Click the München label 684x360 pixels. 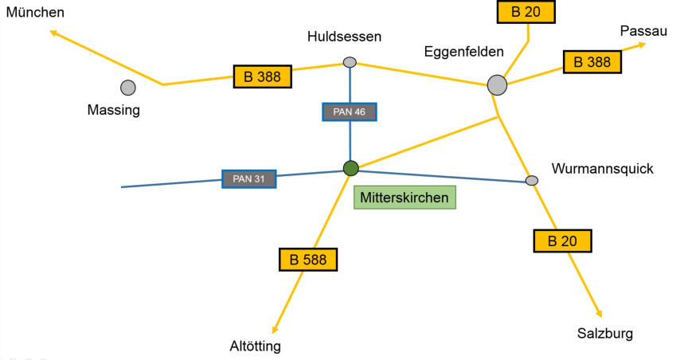[35, 12]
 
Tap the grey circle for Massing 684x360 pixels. [128, 88]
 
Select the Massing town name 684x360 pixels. [113, 110]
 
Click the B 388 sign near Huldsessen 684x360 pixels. [262, 76]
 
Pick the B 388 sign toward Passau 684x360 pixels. [592, 62]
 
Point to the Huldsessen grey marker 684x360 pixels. [350, 62]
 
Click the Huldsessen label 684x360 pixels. [344, 37]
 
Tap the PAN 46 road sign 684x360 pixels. [350, 112]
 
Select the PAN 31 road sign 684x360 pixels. [248, 179]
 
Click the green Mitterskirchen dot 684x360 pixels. [350, 168]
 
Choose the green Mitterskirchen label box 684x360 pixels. [405, 198]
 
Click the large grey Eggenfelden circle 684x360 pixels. [497, 84]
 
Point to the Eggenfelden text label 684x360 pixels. [463, 52]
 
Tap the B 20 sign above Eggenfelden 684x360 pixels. [526, 12]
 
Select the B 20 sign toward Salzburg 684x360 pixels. [562, 241]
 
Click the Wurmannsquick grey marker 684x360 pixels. [531, 180]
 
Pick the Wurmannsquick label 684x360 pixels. [603, 169]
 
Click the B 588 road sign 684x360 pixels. [308, 260]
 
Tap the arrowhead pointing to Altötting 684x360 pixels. [275, 330]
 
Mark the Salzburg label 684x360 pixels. [605, 334]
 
